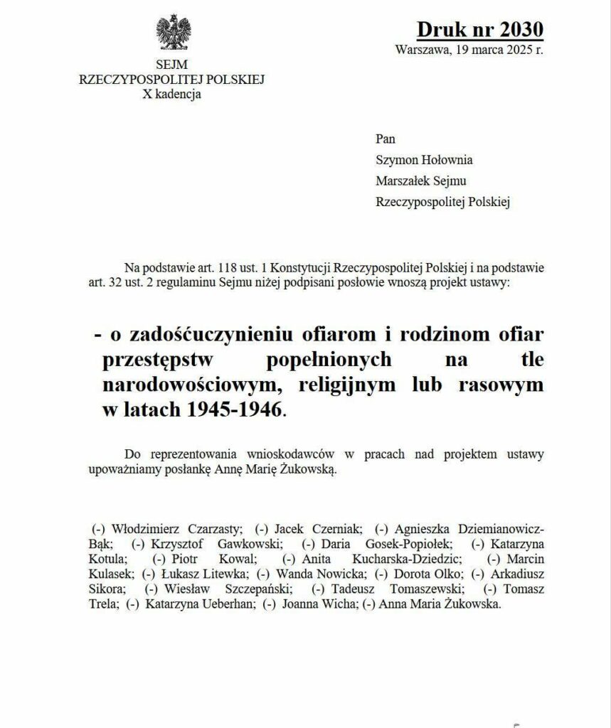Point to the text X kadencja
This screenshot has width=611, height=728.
(172, 93)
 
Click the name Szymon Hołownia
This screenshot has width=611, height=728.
(424, 160)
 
